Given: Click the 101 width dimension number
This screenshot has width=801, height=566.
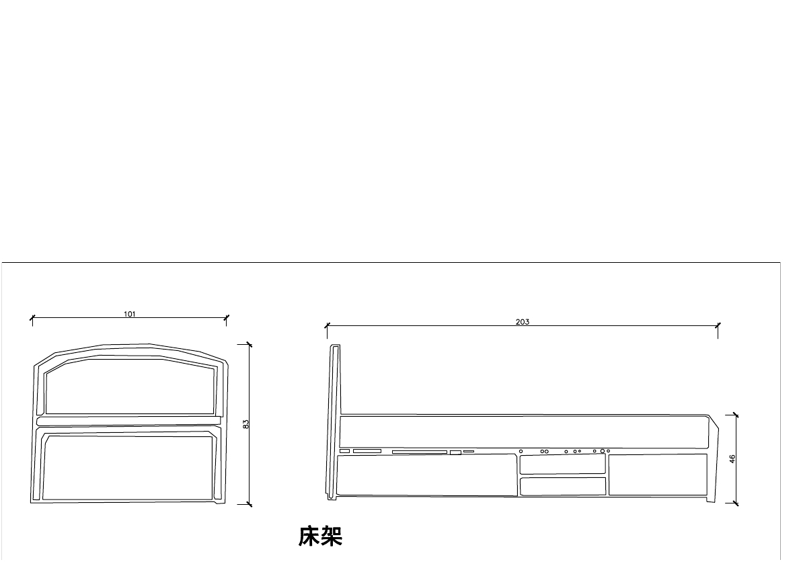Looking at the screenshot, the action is [130, 314].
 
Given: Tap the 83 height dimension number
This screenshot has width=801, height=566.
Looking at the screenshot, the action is [246, 424].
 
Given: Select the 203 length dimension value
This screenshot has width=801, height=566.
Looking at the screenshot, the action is [523, 322].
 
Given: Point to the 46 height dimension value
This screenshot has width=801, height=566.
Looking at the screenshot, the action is [732, 458].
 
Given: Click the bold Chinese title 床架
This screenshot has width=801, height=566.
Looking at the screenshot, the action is [321, 536].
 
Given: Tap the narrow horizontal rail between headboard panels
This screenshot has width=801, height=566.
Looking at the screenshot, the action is [128, 421].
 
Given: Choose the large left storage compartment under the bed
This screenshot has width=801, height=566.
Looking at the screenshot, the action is [426, 475].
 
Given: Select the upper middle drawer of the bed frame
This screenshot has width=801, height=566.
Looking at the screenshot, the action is [563, 464].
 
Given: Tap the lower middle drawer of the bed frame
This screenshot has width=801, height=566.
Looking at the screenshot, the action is [563, 486].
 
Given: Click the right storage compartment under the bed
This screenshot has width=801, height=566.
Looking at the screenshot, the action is [658, 475].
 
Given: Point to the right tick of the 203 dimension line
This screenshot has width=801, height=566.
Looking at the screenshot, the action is [718, 326].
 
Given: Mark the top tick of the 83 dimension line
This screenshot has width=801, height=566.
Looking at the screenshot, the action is [250, 345].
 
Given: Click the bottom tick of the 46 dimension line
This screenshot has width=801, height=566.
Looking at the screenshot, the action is [736, 503].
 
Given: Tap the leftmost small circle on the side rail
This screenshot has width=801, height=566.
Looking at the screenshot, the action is [521, 451].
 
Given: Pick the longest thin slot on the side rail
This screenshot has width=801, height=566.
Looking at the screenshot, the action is [419, 452].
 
